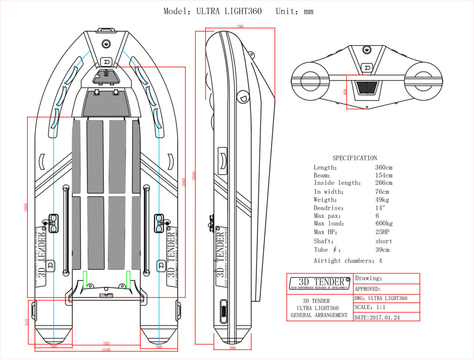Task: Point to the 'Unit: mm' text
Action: coord(294,11)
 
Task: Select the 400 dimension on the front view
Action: coord(344,92)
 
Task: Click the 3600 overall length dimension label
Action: coord(193,177)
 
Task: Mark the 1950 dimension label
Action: coord(26,207)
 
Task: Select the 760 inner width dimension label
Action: coord(106,343)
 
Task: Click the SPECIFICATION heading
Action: coord(355,158)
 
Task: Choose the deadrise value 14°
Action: coord(380,208)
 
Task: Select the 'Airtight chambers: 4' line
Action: coord(348,261)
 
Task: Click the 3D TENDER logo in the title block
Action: coord(319,283)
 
